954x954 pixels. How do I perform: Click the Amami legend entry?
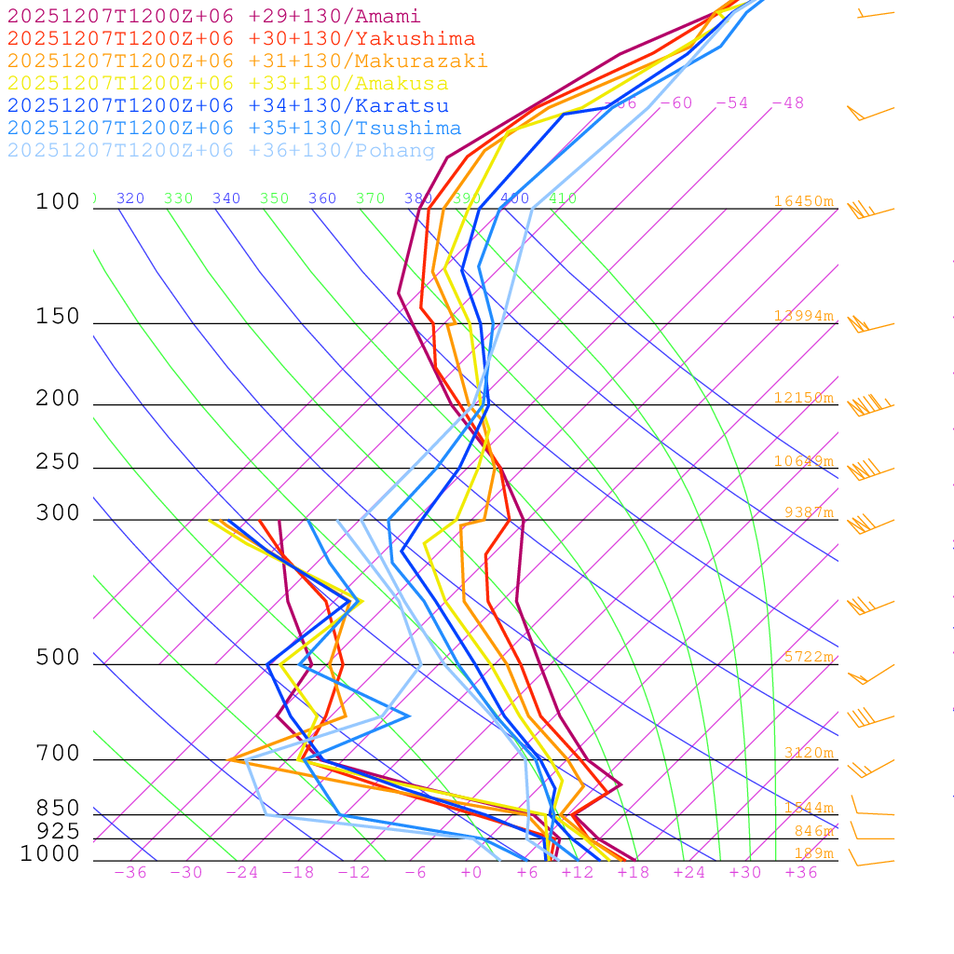[x=213, y=17]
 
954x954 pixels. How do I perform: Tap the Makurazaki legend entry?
[x=247, y=61]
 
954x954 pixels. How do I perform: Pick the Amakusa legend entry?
[x=227, y=84]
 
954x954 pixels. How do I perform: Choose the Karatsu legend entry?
[x=227, y=106]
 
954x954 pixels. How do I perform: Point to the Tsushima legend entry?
[x=234, y=129]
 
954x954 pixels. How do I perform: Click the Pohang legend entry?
[x=221, y=151]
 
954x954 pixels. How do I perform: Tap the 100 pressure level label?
[x=58, y=202]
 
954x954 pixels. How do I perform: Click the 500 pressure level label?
[x=58, y=659]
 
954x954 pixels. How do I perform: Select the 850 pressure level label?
[x=58, y=809]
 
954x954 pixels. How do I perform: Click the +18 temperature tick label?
[x=633, y=873]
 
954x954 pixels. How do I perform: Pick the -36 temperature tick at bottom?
[x=129, y=873]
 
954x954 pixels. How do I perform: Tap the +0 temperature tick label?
[x=470, y=873]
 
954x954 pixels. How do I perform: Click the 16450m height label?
[x=803, y=201]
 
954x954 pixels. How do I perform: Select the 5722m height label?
[x=808, y=657]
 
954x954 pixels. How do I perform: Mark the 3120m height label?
[x=808, y=753]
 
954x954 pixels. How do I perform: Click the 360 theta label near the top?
[x=322, y=198]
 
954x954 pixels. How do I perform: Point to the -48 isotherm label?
[x=787, y=103]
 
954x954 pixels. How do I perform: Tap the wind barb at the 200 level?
[x=868, y=406]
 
